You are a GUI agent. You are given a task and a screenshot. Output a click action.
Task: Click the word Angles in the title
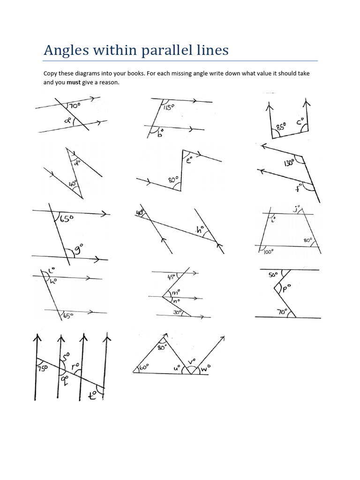click(x=63, y=50)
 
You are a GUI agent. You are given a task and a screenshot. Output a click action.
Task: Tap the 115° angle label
click(x=169, y=107)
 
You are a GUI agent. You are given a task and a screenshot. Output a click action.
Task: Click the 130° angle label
click(x=289, y=163)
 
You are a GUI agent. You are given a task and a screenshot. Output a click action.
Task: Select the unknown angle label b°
click(x=160, y=134)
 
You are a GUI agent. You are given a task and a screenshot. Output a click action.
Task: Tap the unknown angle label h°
click(x=200, y=230)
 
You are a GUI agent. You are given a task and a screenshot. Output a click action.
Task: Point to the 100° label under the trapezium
click(x=269, y=252)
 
